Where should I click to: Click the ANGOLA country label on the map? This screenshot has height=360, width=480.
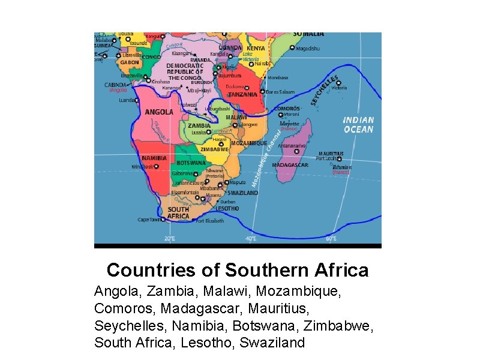click(x=159, y=112)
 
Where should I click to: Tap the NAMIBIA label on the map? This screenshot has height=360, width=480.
click(x=154, y=158)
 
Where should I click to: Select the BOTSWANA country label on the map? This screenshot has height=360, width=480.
click(x=191, y=163)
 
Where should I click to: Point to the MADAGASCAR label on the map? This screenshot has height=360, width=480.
click(x=290, y=165)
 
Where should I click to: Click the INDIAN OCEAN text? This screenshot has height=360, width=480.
click(x=358, y=125)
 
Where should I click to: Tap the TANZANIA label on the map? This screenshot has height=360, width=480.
click(x=243, y=94)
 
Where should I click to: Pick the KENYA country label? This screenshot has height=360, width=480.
click(x=256, y=48)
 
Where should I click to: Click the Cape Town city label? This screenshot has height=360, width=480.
click(x=151, y=220)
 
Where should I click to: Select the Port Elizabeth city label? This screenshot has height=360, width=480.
click(x=210, y=221)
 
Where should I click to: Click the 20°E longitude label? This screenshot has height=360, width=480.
click(x=170, y=239)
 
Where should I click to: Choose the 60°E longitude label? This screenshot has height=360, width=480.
click(x=331, y=239)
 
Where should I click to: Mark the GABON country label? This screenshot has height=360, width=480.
click(x=130, y=62)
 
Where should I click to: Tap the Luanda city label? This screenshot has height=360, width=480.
click(x=127, y=100)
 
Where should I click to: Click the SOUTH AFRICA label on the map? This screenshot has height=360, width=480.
click(x=178, y=212)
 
